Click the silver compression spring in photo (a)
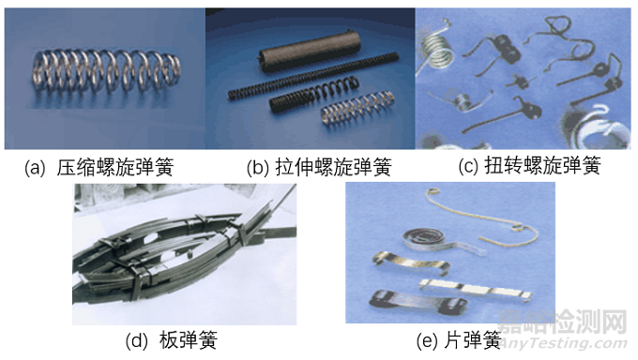coord(104,76)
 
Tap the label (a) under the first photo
coord(35,168)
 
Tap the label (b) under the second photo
coord(258,168)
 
